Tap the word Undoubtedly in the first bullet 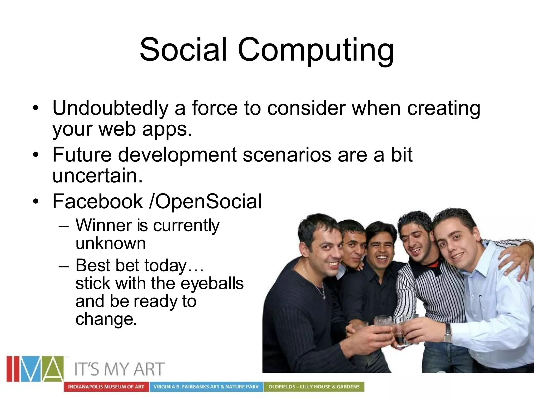(110, 108)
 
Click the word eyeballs (212, 283)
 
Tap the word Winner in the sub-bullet (103, 225)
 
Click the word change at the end (106, 319)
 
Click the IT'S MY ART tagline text (119, 369)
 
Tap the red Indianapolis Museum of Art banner (106, 387)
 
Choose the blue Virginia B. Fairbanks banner (206, 387)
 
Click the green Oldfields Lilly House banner (314, 387)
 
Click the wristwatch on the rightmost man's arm (448, 333)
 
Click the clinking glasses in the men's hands (391, 326)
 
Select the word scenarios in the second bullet (287, 155)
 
